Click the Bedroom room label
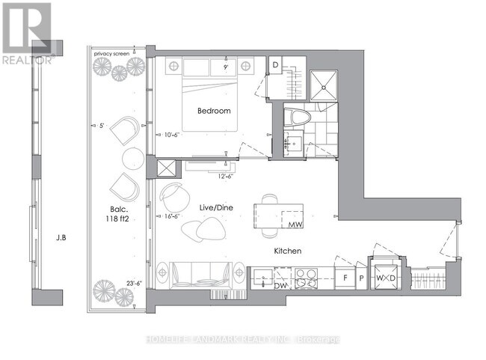(214, 111)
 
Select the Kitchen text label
(286, 251)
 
